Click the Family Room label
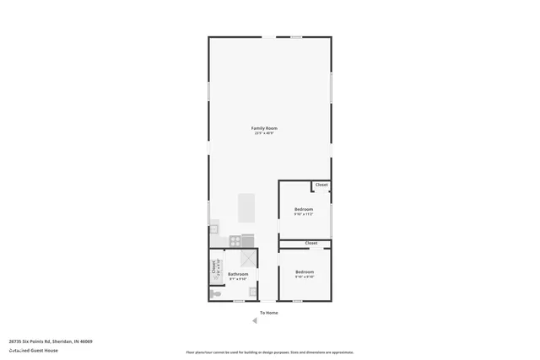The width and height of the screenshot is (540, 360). [x=264, y=128]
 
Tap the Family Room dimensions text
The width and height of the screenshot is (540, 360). [x=264, y=133]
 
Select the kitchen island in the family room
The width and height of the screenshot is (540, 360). [x=246, y=207]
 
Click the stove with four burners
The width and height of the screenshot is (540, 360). [x=235, y=240]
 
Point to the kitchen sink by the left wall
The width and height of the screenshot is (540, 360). [x=213, y=227]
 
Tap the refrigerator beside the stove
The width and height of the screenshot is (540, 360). [x=248, y=240]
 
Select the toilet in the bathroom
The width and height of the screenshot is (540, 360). [x=215, y=293]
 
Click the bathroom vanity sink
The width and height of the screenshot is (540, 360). [x=252, y=292]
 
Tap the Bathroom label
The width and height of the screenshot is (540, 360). [x=238, y=274]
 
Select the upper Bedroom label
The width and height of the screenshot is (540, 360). [x=304, y=209]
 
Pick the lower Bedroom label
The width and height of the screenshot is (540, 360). [x=304, y=271]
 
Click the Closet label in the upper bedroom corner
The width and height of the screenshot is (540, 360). [x=321, y=185]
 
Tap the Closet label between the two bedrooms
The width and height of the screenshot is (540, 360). [x=311, y=243]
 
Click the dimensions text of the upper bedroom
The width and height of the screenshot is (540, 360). [x=304, y=214]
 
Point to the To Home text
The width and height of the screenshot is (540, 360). [x=268, y=313]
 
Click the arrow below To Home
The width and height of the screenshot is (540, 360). [x=255, y=320]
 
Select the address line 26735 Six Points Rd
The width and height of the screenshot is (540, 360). [x=51, y=341]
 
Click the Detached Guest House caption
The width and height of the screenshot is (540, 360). [x=34, y=350]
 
